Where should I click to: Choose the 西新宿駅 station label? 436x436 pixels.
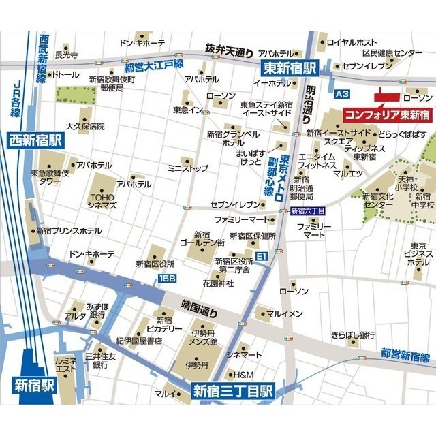(35, 141)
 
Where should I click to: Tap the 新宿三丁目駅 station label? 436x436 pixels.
(232, 391)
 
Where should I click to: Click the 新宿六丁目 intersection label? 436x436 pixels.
(308, 212)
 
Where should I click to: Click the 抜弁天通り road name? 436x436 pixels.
(230, 50)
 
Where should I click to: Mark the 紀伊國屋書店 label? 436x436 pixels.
(139, 340)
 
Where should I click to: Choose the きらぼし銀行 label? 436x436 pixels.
(353, 334)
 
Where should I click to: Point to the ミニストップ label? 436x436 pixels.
(188, 168)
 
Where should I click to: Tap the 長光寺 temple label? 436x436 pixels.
(67, 54)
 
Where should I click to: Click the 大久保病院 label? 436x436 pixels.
(85, 126)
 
